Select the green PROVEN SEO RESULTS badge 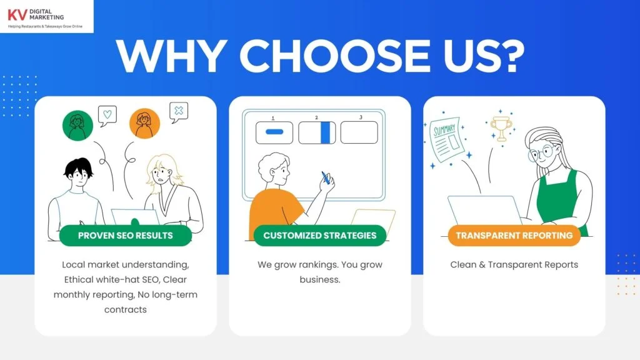click(x=125, y=236)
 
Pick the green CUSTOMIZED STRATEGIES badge click(x=319, y=236)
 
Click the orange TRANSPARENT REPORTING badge click(x=514, y=236)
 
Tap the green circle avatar click(x=77, y=125)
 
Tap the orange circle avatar click(x=144, y=124)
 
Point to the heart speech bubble click(x=107, y=116)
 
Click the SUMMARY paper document click(x=447, y=139)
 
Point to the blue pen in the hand click(x=325, y=177)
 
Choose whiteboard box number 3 click(x=359, y=132)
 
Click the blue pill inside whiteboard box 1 click(x=274, y=132)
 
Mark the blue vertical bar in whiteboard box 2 click(x=325, y=132)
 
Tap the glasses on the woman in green click(x=541, y=154)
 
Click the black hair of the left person click(x=78, y=166)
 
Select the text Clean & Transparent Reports click(x=514, y=264)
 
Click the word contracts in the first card click(x=125, y=309)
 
